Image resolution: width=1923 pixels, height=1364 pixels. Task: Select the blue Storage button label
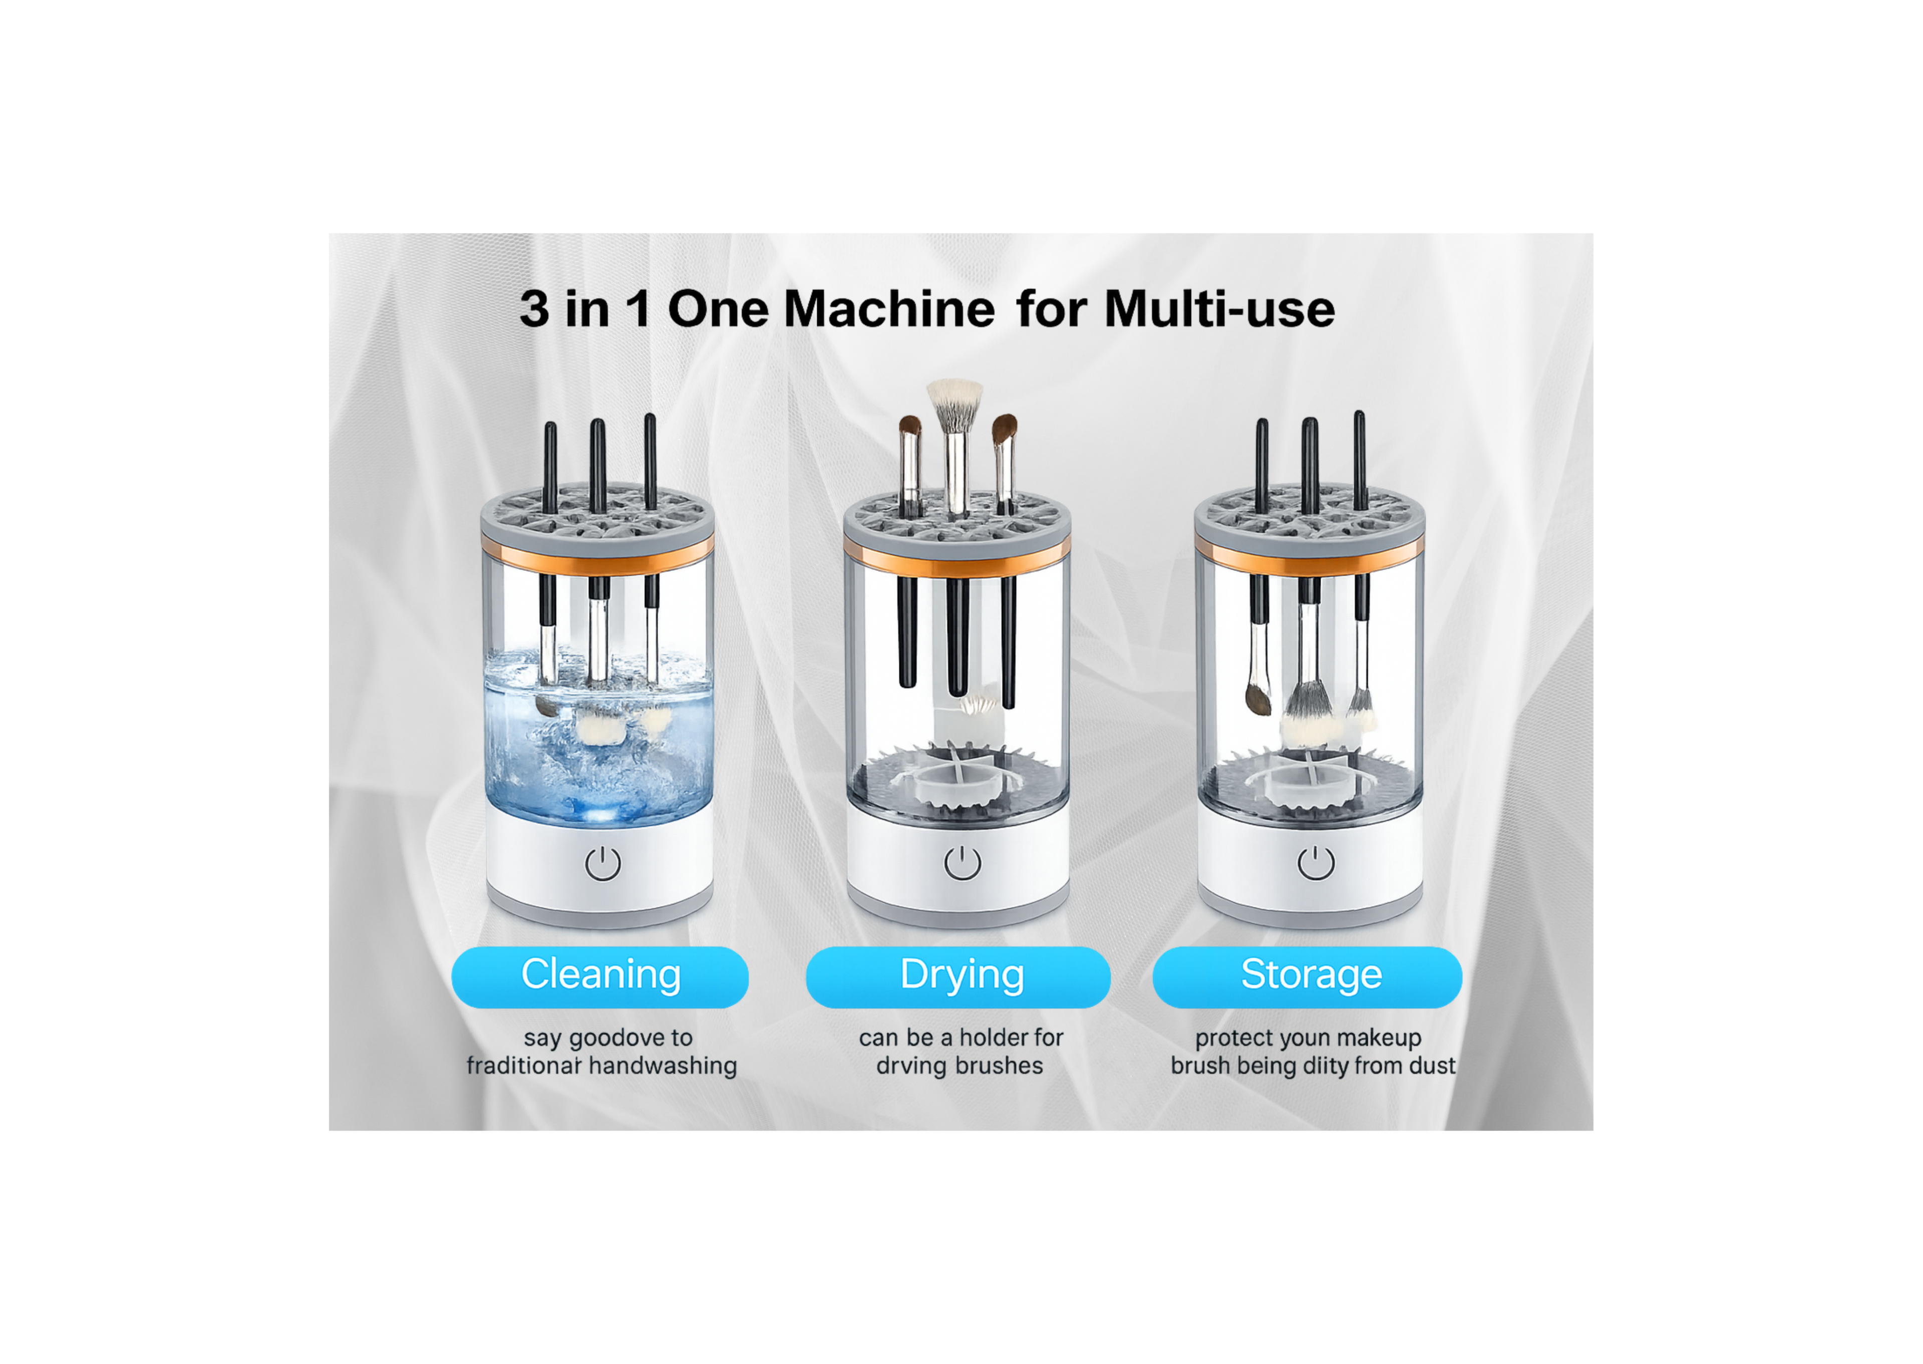[1310, 976]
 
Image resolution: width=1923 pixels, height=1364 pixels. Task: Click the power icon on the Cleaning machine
[602, 863]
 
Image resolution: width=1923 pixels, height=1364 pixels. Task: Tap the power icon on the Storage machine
[1315, 863]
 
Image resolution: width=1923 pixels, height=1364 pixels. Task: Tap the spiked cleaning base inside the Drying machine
[957, 781]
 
